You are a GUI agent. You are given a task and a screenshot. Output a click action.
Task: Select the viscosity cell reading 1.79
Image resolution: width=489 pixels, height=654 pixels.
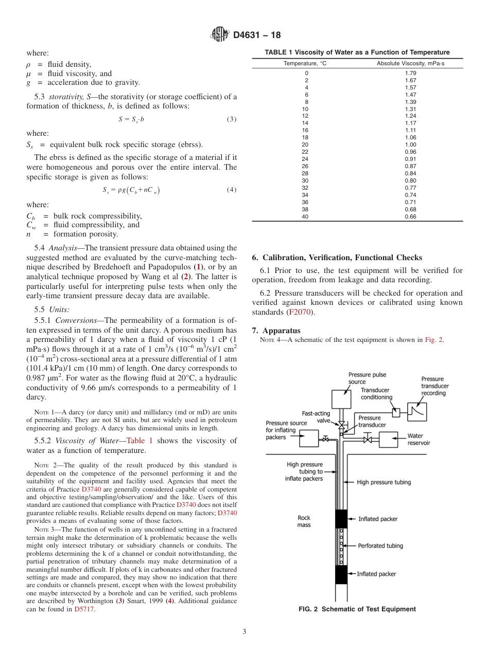pos(410,73)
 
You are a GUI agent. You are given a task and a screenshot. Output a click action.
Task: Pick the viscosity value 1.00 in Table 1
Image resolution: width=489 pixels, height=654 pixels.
pos(410,145)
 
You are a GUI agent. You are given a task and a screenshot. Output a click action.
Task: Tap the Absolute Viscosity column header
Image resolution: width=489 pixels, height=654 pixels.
pos(410,63)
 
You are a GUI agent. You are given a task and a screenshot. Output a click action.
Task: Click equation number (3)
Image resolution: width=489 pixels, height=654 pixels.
pos(232,120)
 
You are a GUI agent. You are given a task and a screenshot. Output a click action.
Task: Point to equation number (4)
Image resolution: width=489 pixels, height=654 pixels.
pos(232,190)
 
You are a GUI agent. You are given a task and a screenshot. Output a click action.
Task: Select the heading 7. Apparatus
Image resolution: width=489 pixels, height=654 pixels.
pos(276,330)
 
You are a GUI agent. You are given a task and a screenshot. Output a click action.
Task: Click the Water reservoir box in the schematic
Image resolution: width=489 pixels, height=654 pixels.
pos(392,440)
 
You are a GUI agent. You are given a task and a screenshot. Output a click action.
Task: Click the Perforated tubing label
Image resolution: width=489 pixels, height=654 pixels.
pos(380,546)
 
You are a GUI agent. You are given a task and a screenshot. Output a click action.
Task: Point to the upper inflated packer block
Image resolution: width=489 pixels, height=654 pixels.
pos(341,519)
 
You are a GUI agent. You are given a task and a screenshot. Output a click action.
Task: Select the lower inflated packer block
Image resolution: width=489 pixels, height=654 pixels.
pos(341,574)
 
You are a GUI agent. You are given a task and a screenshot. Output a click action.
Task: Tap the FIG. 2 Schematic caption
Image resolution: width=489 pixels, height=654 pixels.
pos(357,609)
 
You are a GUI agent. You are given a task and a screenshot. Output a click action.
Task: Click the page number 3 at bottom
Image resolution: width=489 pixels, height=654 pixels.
pos(244,631)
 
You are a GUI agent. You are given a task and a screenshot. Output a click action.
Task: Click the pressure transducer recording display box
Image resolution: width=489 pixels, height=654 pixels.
pos(415,410)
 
